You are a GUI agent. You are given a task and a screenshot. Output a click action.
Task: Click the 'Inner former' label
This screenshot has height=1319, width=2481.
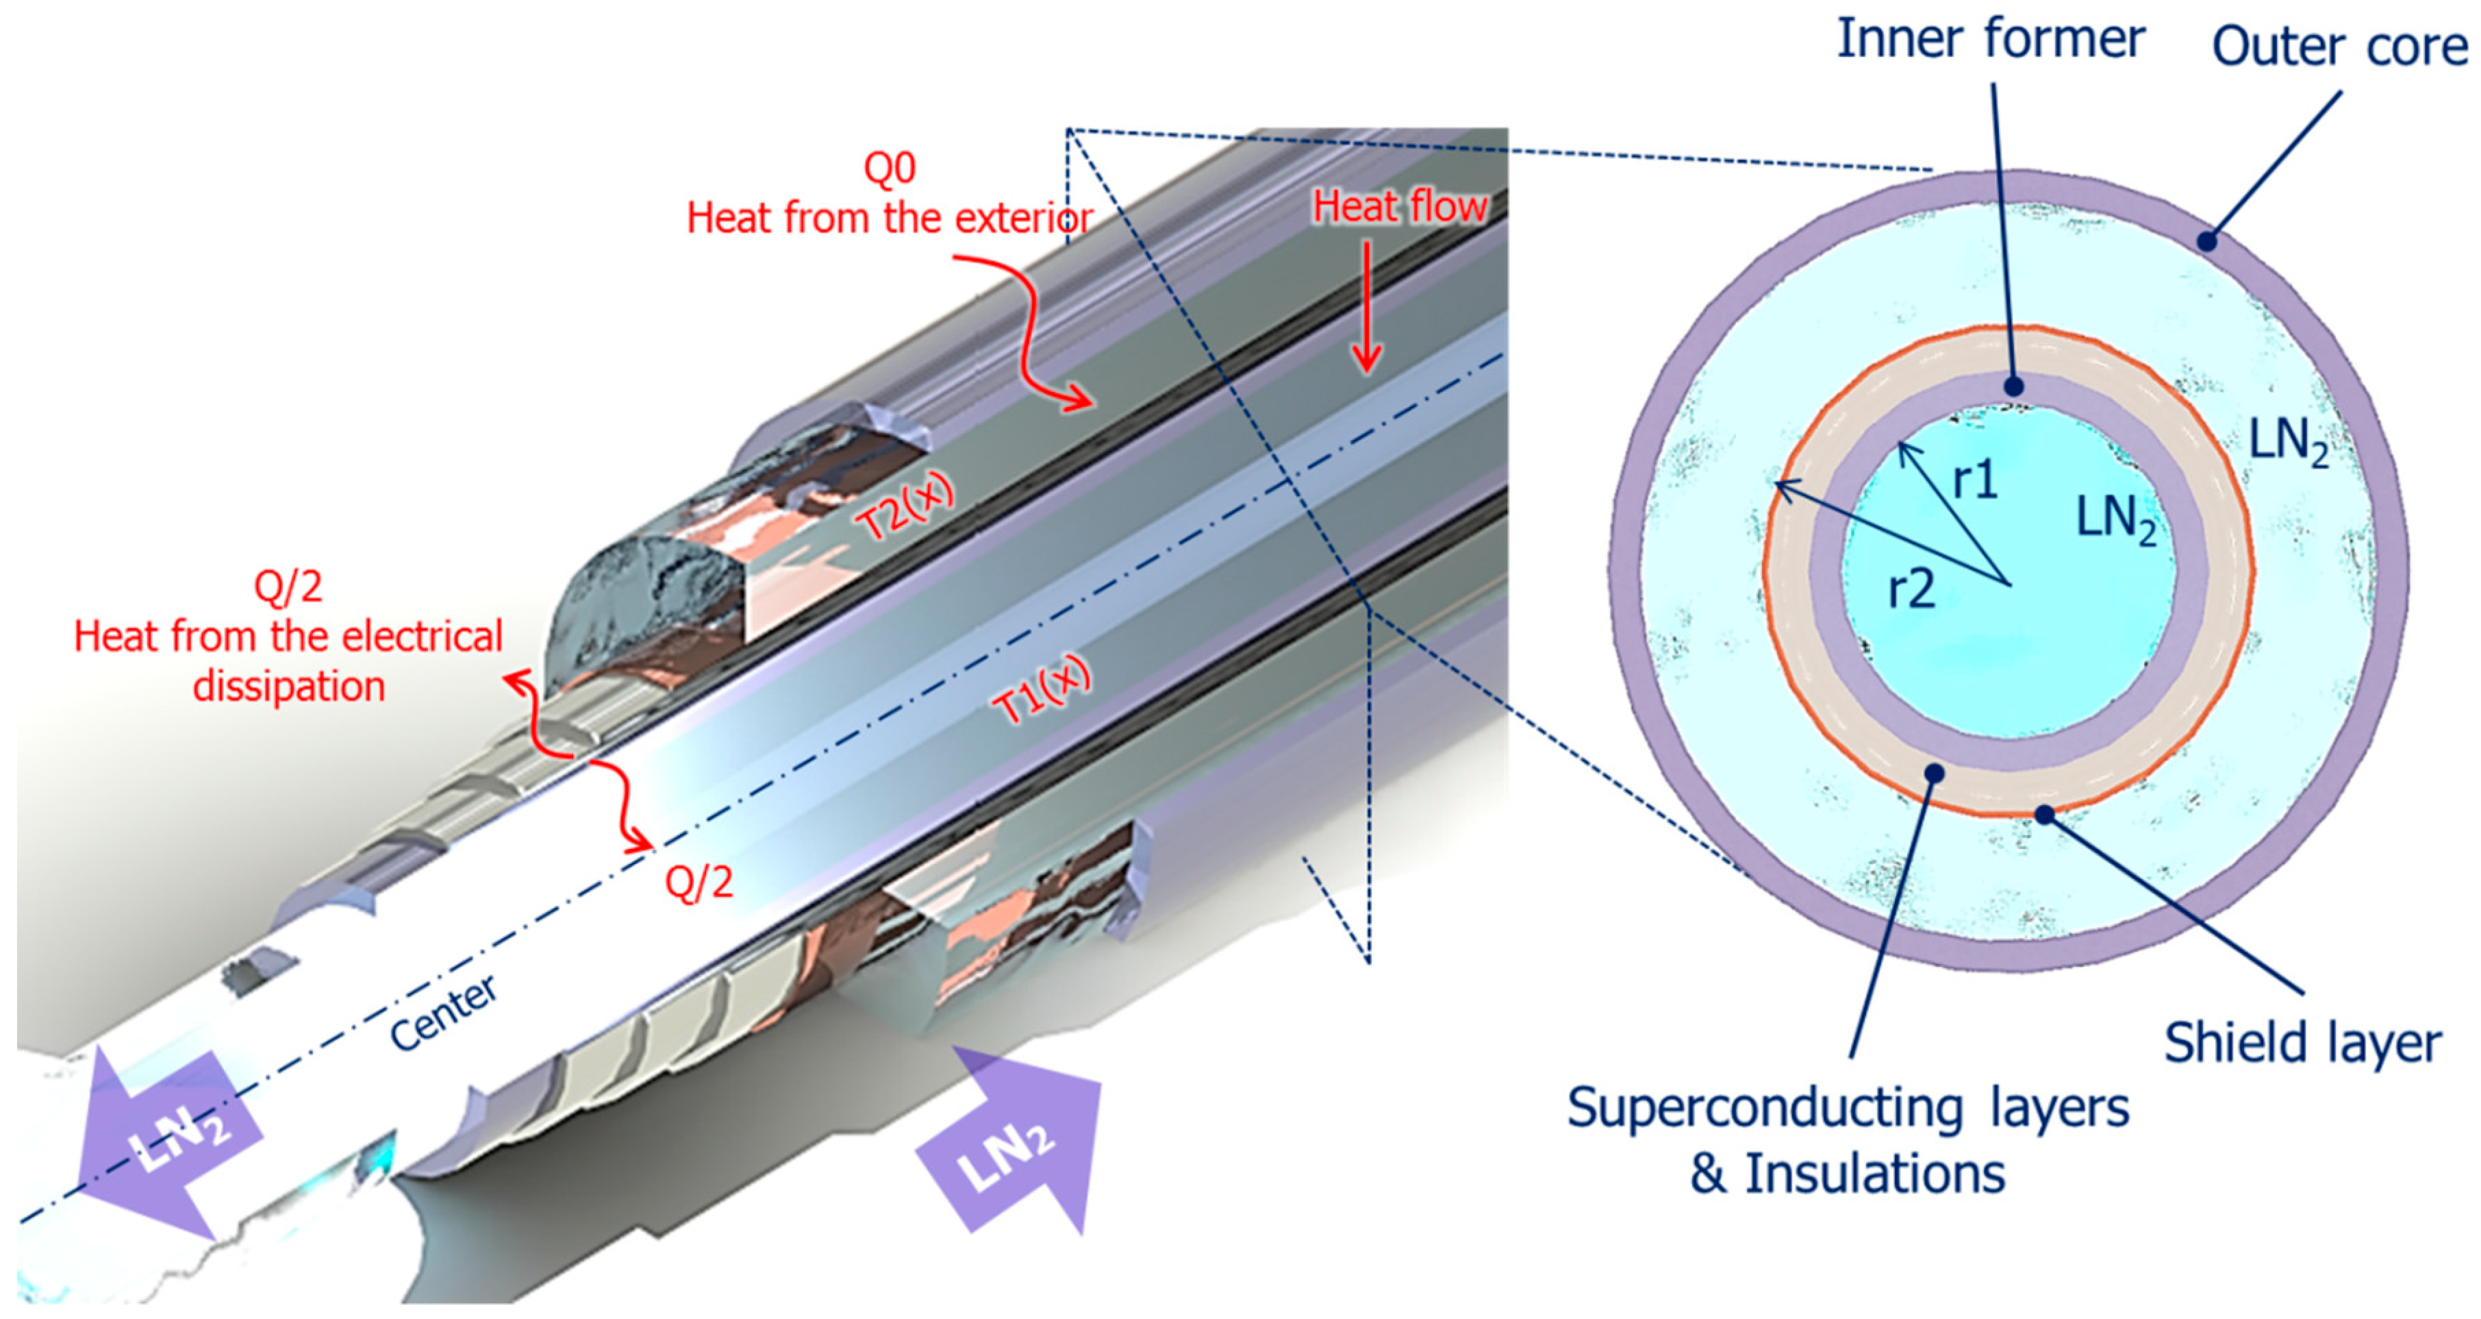tap(1990, 40)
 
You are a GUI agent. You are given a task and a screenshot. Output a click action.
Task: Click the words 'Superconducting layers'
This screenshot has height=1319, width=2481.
tap(1848, 1108)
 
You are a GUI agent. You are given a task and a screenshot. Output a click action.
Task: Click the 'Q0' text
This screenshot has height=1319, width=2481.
tap(889, 169)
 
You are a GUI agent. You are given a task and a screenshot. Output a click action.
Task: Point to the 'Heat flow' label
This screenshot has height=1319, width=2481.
tap(1400, 207)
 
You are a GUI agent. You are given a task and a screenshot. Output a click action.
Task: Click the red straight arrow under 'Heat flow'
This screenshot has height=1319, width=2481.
tap(1365, 308)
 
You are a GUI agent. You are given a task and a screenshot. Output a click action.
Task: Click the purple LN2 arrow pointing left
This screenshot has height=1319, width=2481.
tap(164, 1142)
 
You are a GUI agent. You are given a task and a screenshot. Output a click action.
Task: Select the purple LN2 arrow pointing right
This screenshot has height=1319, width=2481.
tap(1011, 1142)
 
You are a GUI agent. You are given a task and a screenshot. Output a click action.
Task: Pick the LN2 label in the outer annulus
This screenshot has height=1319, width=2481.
tap(2287, 443)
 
